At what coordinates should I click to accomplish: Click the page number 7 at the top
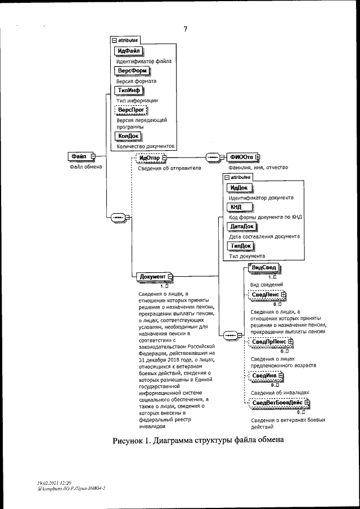(x=185, y=29)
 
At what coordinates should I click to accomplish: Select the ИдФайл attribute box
(x=129, y=51)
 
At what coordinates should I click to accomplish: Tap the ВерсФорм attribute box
(x=131, y=71)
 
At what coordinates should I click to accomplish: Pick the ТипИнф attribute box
(x=129, y=90)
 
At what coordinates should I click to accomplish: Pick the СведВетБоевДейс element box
(x=278, y=402)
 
